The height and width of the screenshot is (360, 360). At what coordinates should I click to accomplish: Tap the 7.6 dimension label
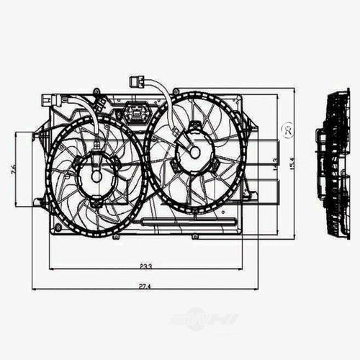[14, 170]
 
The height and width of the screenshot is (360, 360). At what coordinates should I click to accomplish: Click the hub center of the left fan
[96, 176]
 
